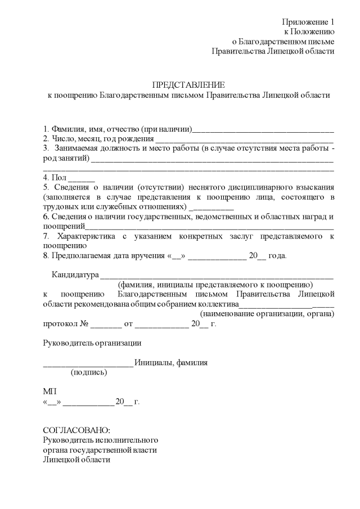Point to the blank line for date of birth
244,139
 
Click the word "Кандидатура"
75,275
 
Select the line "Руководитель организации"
92,343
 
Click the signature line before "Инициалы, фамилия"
88,363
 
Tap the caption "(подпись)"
88,372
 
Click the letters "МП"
49,391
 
